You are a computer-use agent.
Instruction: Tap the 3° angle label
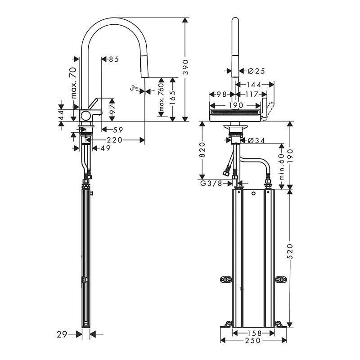(x=134, y=89)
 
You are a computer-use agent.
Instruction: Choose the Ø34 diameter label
(x=256, y=141)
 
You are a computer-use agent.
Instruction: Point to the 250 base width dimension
(x=253, y=340)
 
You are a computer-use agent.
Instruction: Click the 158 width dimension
(x=253, y=333)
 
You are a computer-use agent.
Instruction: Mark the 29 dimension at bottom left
(x=62, y=334)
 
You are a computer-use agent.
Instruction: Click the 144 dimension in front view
(x=255, y=84)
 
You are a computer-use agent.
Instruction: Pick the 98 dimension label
(x=220, y=94)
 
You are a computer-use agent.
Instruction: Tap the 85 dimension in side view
(x=113, y=59)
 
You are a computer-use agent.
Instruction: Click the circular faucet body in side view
(x=85, y=115)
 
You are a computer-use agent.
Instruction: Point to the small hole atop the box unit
(x=254, y=194)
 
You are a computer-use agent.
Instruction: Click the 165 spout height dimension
(x=172, y=96)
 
